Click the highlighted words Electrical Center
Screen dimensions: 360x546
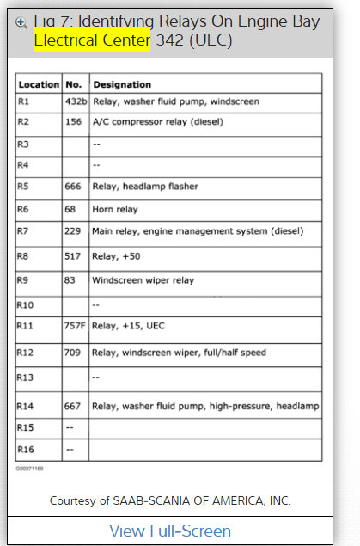point(91,40)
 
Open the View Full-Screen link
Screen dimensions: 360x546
point(170,531)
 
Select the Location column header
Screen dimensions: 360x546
point(39,85)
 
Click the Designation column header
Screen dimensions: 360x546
point(122,85)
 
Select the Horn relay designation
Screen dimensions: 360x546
point(116,209)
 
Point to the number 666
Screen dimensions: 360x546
point(73,187)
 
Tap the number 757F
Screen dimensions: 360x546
point(76,327)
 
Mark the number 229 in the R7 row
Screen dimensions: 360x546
point(73,231)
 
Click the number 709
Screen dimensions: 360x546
point(73,353)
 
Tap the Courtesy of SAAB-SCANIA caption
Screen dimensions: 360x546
point(170,500)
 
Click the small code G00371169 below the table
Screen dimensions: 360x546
point(28,469)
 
